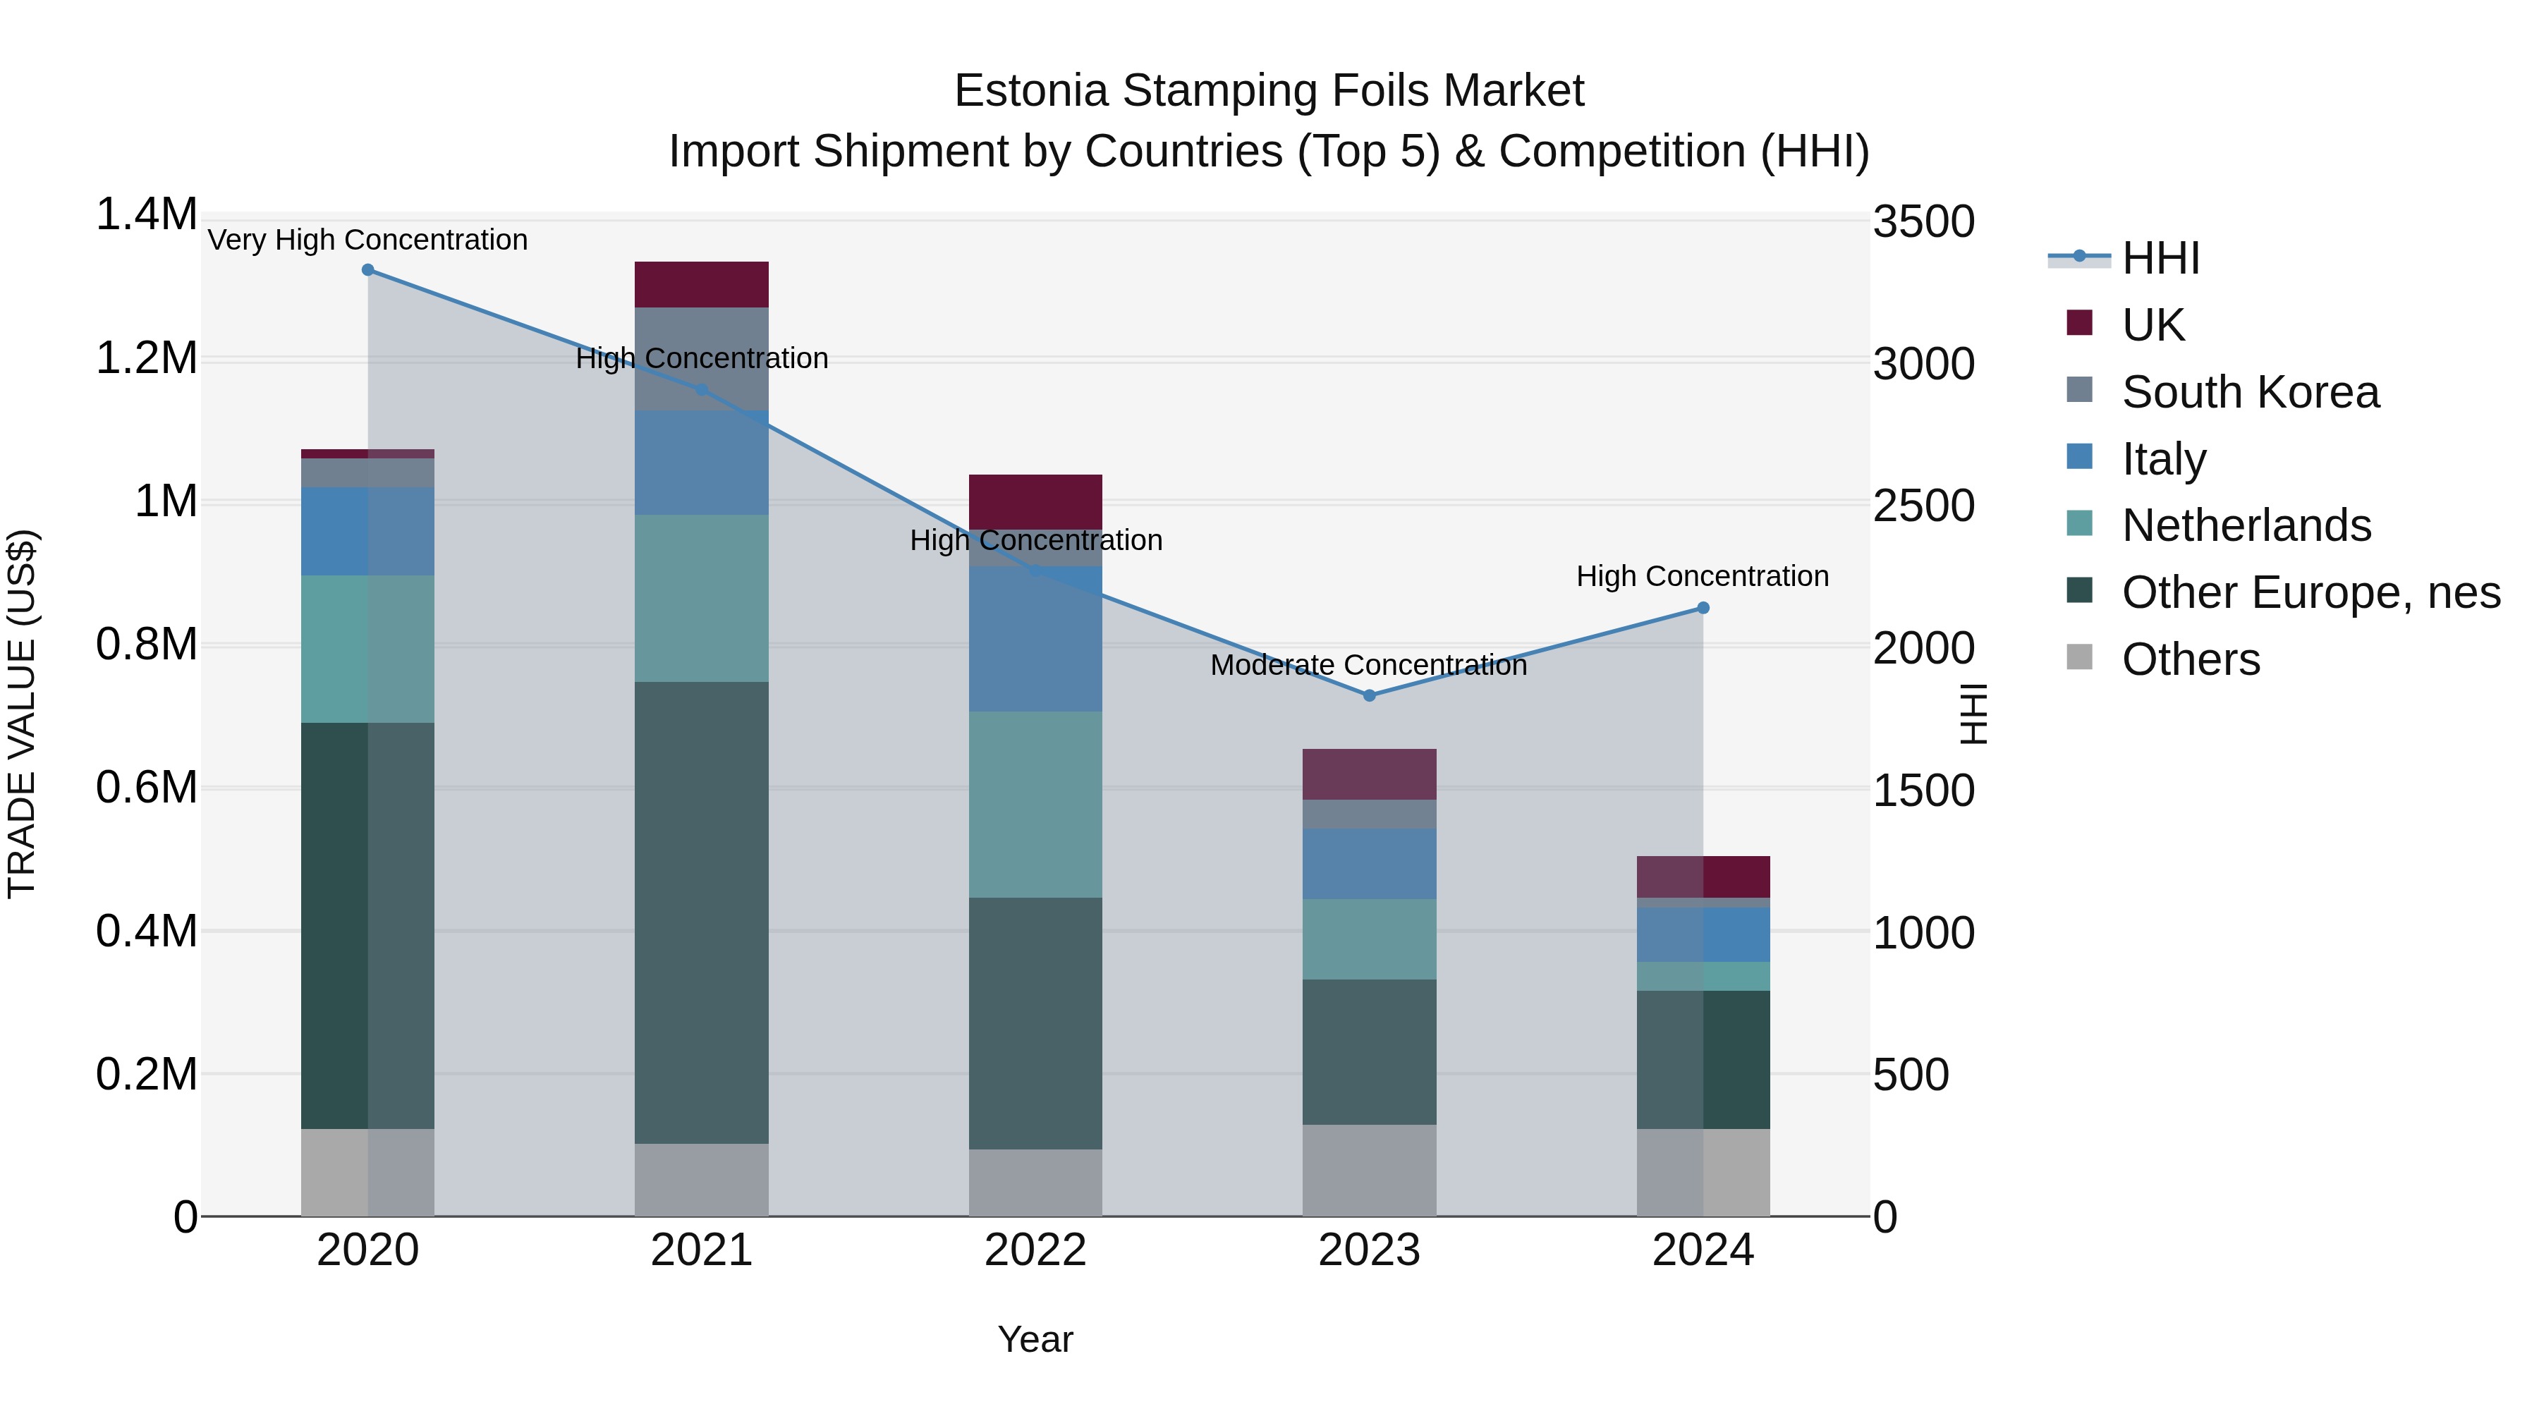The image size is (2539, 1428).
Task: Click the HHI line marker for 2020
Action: [x=367, y=270]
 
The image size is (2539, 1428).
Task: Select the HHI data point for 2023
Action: [x=1369, y=696]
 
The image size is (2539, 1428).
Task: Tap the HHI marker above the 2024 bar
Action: [x=1703, y=608]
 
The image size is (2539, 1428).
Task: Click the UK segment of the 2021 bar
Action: [x=701, y=285]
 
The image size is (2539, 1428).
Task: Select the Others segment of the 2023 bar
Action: [x=1369, y=1170]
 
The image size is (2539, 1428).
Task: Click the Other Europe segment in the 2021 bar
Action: [x=701, y=912]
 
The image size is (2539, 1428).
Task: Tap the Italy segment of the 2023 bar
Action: [x=1369, y=863]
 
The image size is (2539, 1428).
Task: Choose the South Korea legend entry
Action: [x=2251, y=392]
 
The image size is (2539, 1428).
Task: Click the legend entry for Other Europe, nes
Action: [x=2310, y=593]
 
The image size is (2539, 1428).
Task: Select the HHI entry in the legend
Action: [x=2160, y=258]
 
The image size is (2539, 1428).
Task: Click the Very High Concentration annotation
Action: [x=367, y=240]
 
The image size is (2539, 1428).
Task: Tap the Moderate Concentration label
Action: [x=1368, y=665]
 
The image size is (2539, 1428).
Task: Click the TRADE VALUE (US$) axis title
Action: [x=22, y=714]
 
